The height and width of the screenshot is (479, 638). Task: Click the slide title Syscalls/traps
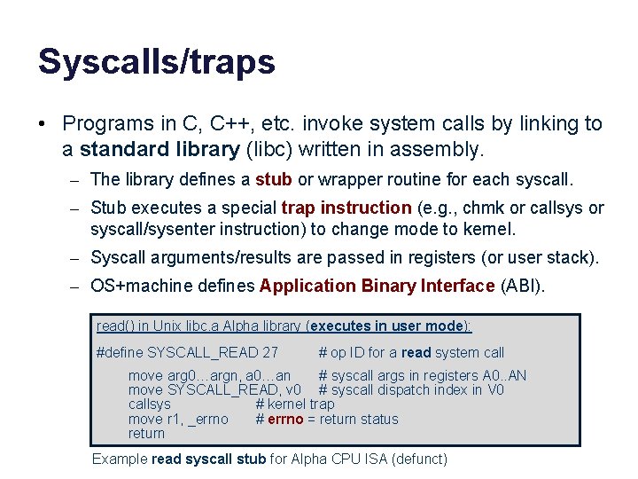pos(156,62)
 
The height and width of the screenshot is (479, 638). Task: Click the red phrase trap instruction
pos(346,208)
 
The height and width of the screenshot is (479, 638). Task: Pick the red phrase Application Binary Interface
pos(377,286)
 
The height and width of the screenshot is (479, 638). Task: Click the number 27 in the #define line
pos(270,353)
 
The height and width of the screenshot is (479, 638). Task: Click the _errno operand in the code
pos(207,420)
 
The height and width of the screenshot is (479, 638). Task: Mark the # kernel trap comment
pos(295,404)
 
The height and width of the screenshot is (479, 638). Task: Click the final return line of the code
pos(146,434)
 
